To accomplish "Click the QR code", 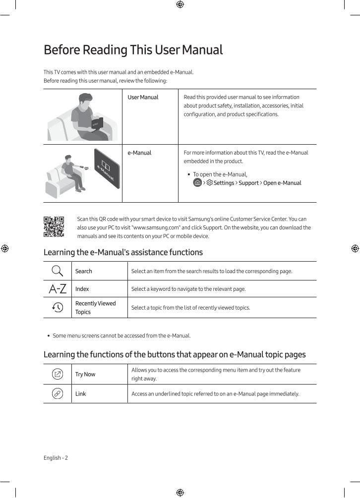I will [54, 226].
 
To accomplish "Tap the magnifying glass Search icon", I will [58, 271].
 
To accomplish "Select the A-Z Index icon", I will [58, 289].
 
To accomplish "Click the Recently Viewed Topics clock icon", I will [58, 308].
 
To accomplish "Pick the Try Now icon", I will [58, 374].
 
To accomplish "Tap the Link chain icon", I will [58, 394].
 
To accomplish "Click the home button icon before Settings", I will [197, 183].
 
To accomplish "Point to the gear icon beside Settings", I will [209, 183].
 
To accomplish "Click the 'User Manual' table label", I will [143, 97].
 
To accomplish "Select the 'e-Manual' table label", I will [139, 153].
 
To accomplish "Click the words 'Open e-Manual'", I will [282, 183].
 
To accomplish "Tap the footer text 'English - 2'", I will [56, 458].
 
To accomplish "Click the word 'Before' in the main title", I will [61, 50].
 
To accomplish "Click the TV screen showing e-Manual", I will [107, 168].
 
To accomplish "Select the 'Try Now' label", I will [85, 374].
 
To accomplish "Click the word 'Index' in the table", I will [82, 289].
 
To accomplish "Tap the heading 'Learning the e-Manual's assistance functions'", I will [123, 252].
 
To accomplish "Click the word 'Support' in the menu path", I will [248, 183].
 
